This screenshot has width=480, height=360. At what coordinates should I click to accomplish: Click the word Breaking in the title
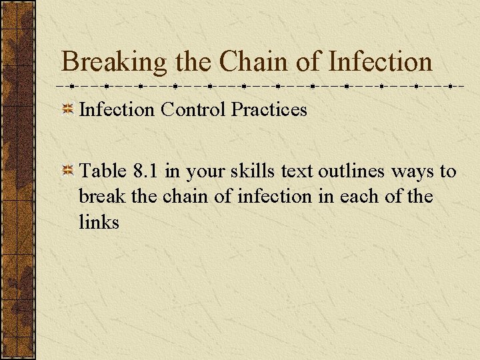[114, 63]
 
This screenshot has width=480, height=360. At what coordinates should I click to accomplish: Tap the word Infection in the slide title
[381, 63]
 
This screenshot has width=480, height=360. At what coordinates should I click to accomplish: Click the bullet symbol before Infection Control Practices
[67, 110]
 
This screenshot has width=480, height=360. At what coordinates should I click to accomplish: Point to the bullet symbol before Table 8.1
[67, 172]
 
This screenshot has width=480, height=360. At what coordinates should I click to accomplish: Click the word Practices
[269, 109]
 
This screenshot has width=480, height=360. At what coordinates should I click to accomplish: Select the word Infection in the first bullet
[117, 109]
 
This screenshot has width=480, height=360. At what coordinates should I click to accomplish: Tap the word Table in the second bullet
[103, 171]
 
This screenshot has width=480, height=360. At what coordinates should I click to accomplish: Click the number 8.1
[146, 171]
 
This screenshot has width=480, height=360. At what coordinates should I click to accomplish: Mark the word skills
[251, 171]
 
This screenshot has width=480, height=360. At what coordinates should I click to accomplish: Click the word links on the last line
[99, 222]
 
